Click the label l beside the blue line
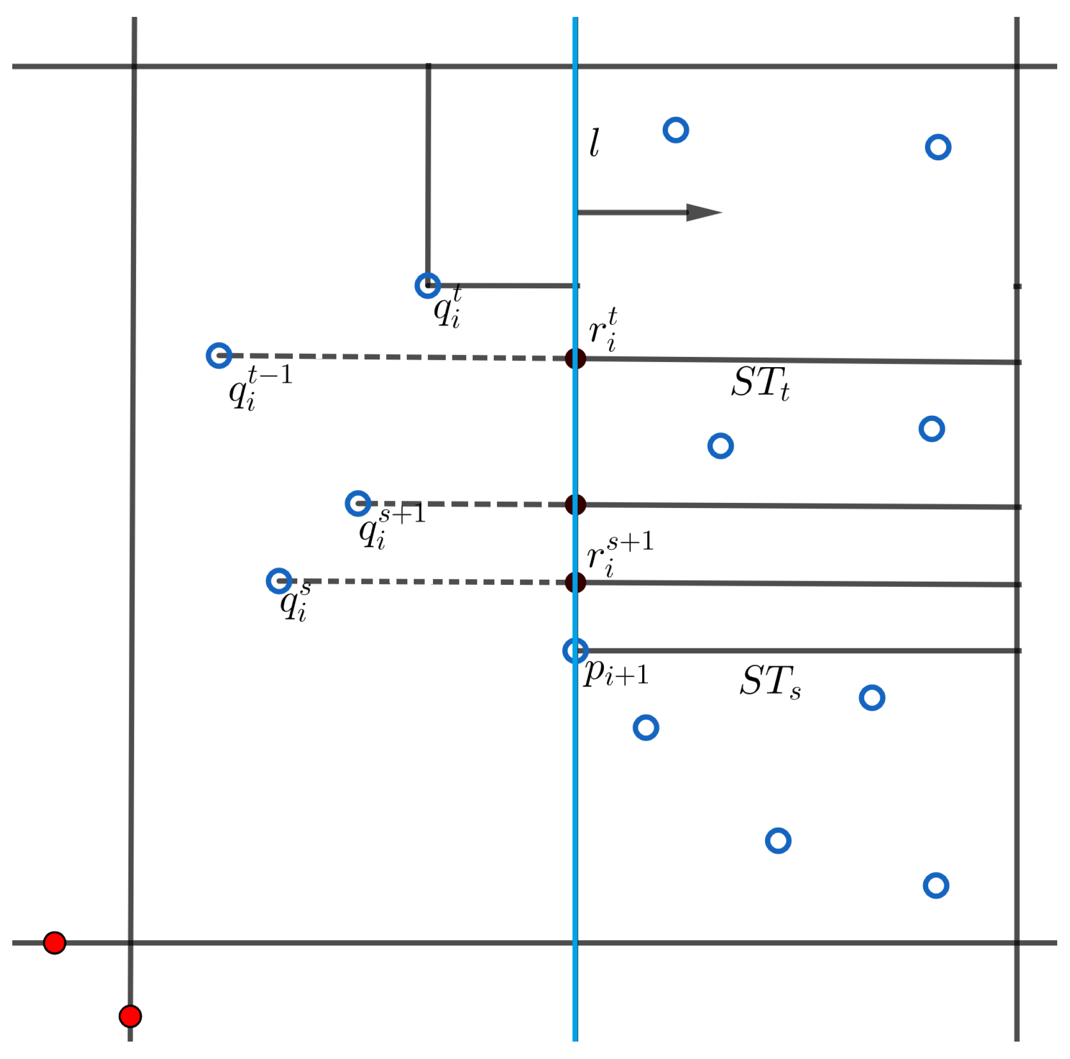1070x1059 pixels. click(x=594, y=143)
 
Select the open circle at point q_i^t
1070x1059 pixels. click(x=428, y=285)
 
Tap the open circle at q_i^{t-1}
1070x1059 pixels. click(x=219, y=355)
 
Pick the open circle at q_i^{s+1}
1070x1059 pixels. click(x=358, y=503)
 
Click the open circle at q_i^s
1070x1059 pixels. click(x=279, y=581)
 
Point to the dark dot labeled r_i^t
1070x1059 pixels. click(x=576, y=358)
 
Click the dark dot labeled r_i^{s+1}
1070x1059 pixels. click(x=576, y=582)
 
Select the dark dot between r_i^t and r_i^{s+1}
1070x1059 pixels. click(x=576, y=504)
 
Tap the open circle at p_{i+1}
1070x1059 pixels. click(x=576, y=650)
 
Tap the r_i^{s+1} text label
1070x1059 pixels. click(x=619, y=554)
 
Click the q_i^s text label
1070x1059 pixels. click(x=295, y=602)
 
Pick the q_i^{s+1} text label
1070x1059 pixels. click(x=391, y=526)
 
